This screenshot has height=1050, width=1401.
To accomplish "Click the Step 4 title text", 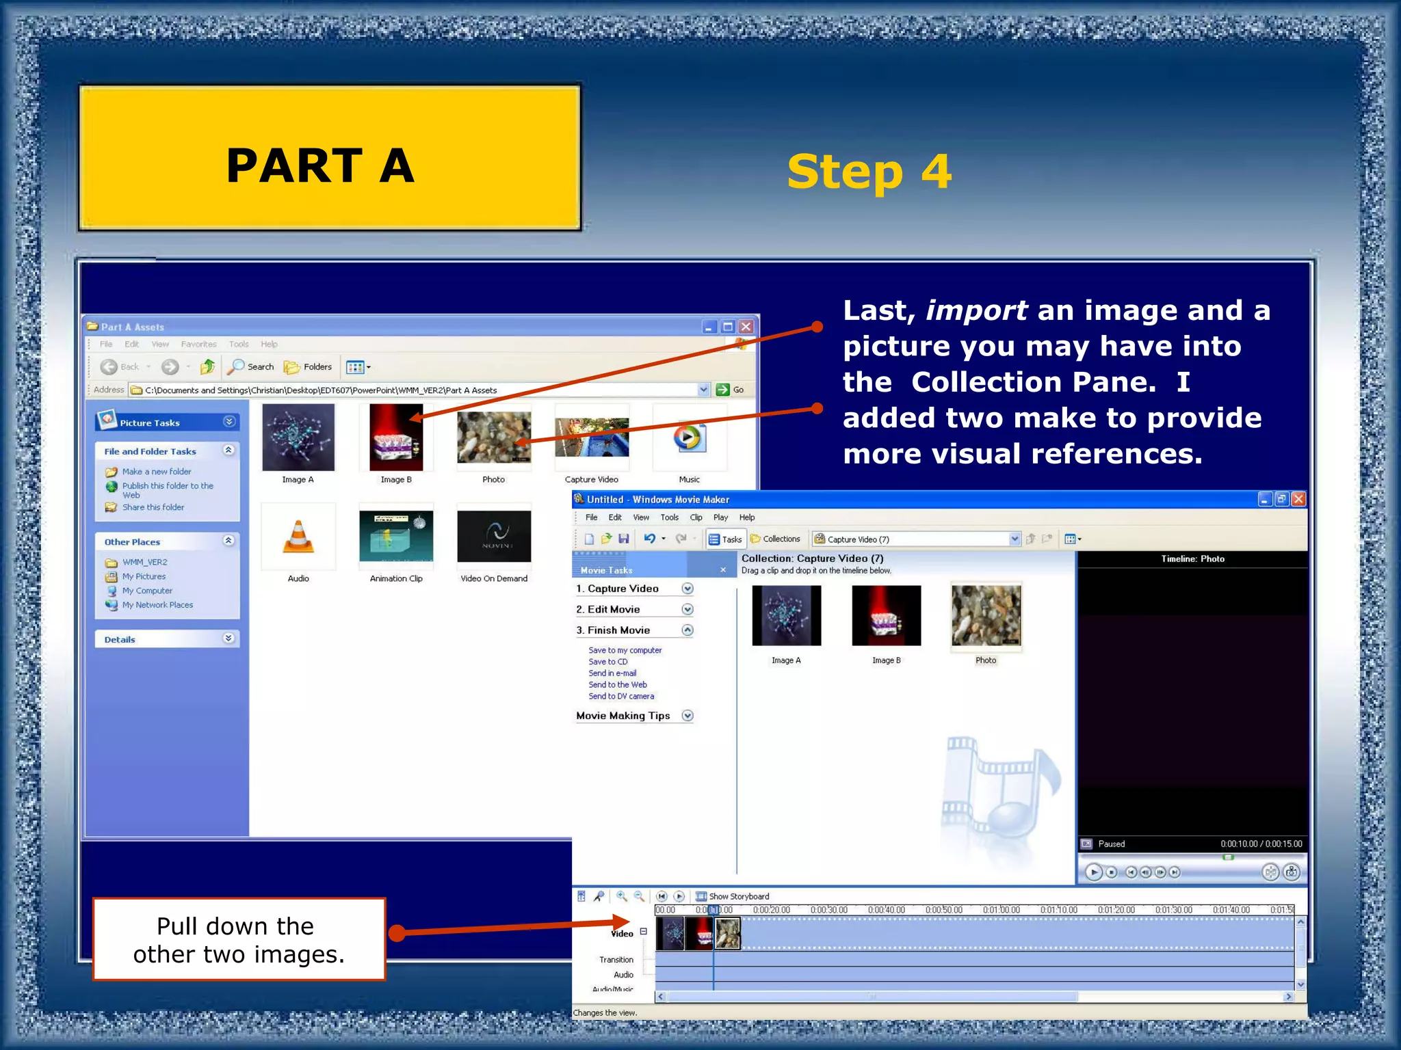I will [869, 172].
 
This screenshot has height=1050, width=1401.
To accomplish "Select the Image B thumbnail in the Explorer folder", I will [396, 437].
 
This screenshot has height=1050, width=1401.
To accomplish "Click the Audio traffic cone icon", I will [298, 537].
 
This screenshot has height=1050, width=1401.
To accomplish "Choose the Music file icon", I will [689, 437].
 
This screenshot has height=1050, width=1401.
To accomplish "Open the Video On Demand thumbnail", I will [494, 537].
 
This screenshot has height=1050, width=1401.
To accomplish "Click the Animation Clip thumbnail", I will [396, 537].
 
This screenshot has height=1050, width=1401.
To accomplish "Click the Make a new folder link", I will [157, 472].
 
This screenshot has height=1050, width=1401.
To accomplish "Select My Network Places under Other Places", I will [157, 605].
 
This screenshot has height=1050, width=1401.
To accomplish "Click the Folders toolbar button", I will [309, 367].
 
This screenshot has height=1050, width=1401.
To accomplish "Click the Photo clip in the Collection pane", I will [986, 617].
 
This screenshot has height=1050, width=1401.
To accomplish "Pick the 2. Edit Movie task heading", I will [614, 610].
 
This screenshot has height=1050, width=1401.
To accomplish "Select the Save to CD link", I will [607, 662].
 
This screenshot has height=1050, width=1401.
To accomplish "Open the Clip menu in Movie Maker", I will [696, 517].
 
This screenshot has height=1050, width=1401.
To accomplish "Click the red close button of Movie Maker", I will [1298, 500].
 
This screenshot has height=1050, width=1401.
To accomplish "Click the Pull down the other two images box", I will [239, 939].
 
